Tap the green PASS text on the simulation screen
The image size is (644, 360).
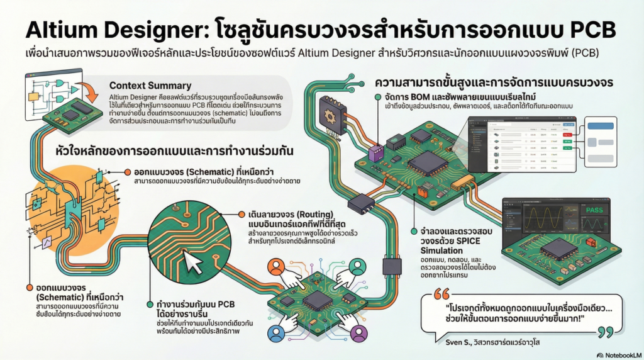tap(595, 211)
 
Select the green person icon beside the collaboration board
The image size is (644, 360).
tap(356, 265)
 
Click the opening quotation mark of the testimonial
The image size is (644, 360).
tap(442, 295)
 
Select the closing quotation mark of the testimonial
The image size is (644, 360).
tap(605, 332)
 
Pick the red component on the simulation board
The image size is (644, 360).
tap(590, 242)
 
